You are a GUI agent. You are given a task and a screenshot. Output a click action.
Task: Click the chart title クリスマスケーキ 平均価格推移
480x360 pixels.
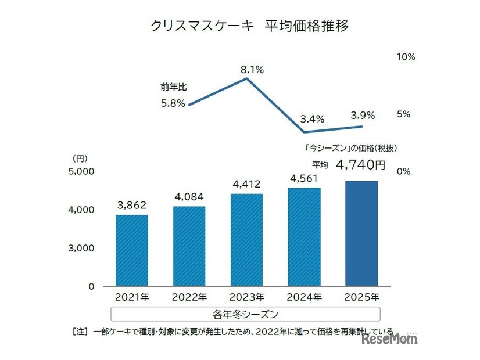[x=249, y=26]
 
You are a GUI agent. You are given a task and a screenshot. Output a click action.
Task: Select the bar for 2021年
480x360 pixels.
[x=131, y=250]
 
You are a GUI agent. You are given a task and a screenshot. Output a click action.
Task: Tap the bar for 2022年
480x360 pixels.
[x=189, y=246]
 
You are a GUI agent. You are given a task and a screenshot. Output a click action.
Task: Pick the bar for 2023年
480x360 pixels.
[x=246, y=240]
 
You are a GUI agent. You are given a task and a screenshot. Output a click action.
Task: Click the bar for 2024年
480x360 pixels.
[x=304, y=237]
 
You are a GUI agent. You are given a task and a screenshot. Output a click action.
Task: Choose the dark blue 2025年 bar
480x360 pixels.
[x=361, y=233]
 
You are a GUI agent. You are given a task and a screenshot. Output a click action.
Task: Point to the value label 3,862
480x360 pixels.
[x=131, y=206]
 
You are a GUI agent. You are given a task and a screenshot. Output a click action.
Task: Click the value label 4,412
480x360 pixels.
[x=246, y=184]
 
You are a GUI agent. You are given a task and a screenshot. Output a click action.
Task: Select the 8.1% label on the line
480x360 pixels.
[x=252, y=70]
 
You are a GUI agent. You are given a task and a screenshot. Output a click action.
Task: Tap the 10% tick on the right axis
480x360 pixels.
[x=406, y=57]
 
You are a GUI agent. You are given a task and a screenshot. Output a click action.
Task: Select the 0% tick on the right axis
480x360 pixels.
[x=403, y=171]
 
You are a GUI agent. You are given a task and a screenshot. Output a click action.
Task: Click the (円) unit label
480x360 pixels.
[x=80, y=158]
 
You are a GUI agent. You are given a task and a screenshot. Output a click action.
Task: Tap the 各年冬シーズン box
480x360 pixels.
[x=245, y=314]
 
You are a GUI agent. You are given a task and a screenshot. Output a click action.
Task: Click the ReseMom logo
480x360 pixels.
[x=389, y=339]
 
